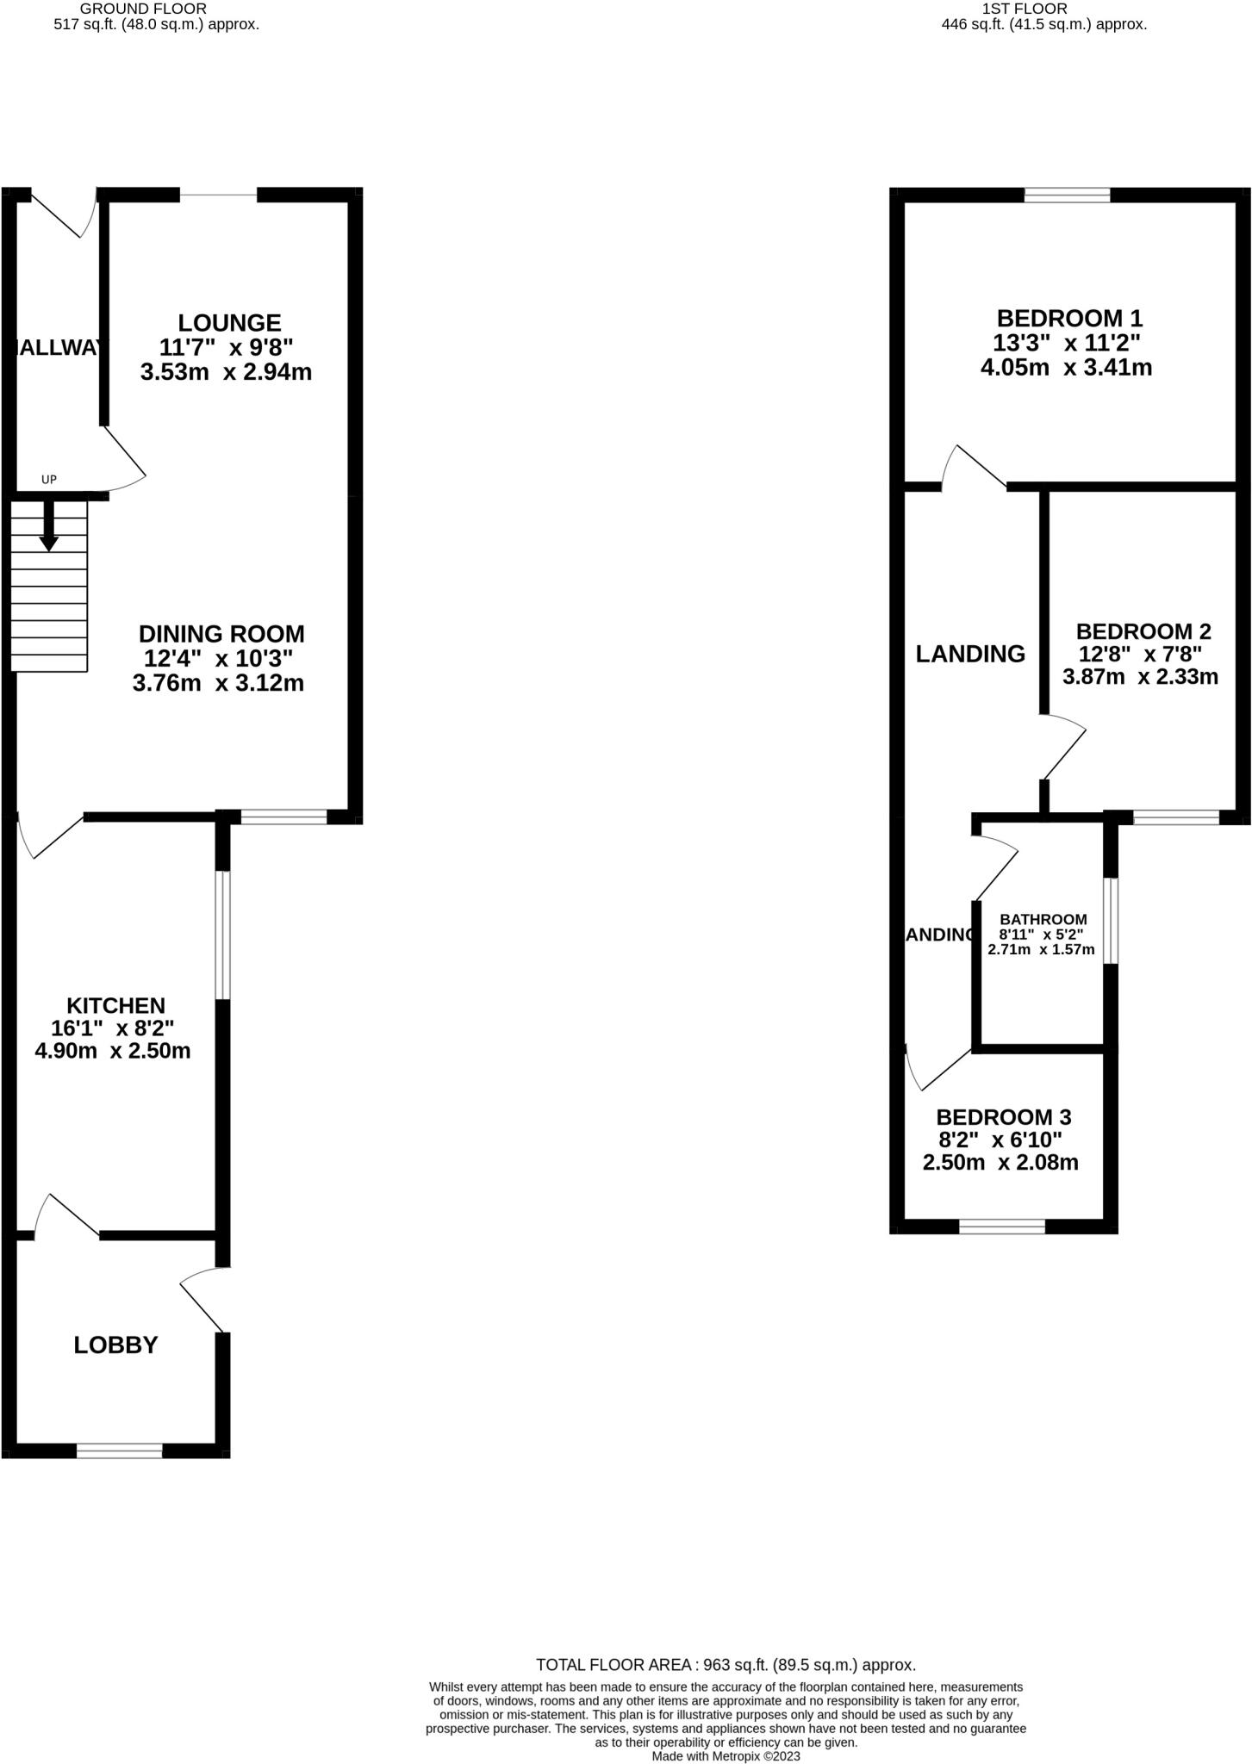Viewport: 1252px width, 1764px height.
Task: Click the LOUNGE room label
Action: [229, 323]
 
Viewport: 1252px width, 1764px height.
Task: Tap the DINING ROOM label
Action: [221, 634]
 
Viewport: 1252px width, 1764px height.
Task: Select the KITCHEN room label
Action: [115, 1006]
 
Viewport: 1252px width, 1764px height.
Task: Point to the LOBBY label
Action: [115, 1345]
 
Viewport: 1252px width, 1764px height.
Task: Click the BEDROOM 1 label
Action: [1069, 318]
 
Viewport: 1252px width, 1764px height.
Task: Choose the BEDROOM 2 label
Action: [1143, 631]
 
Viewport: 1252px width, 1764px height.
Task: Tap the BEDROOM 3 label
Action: [1003, 1117]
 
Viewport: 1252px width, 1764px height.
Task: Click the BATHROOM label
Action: [1043, 919]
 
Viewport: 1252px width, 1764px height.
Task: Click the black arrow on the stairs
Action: [49, 526]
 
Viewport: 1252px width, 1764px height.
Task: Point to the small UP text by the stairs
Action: [49, 479]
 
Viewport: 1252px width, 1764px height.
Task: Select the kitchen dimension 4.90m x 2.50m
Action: [112, 1051]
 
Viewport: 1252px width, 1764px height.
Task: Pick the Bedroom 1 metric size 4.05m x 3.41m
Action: [1066, 368]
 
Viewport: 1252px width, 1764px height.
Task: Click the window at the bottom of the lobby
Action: [119, 1451]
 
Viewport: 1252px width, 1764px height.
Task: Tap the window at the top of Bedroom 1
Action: [1067, 196]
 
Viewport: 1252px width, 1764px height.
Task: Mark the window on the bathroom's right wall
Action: [1111, 920]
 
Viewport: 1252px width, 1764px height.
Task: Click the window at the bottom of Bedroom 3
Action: [1002, 1227]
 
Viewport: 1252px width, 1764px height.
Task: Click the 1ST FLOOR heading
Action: [1024, 9]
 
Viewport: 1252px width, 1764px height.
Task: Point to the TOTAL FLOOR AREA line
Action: [726, 1665]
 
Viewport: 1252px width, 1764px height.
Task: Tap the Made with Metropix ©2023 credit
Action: [726, 1756]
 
